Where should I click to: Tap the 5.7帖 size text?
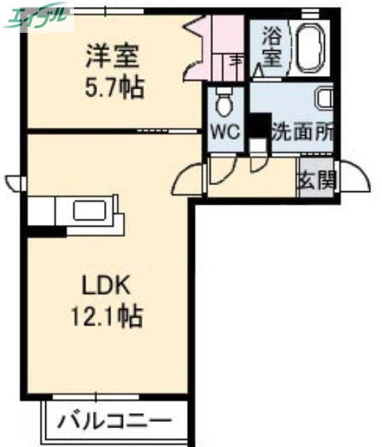(x=115, y=87)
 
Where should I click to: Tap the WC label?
(x=226, y=130)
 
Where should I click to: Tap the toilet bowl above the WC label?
(x=224, y=104)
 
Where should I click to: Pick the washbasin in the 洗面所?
(x=325, y=97)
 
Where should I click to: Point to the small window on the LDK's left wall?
(x=15, y=183)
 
